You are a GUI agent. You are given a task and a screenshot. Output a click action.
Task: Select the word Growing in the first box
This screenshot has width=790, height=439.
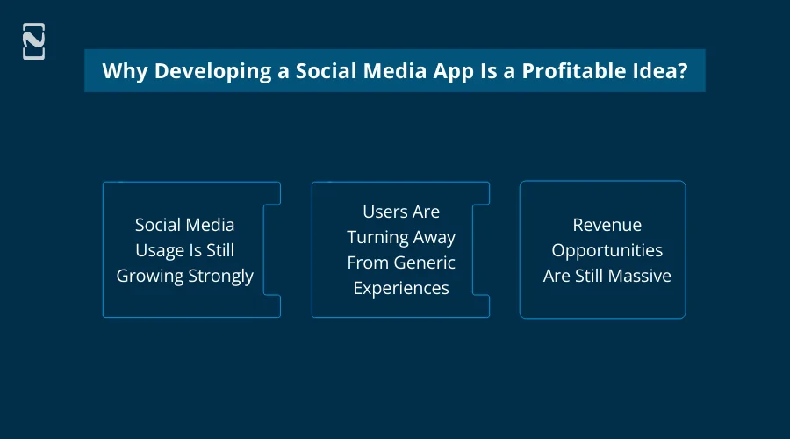(150, 276)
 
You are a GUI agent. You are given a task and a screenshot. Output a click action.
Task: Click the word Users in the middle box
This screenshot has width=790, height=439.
(384, 212)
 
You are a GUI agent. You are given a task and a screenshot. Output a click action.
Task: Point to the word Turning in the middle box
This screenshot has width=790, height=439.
(377, 237)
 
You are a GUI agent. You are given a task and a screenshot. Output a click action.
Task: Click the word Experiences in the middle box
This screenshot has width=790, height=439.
(401, 288)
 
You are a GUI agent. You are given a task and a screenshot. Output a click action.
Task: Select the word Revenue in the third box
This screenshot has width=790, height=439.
(607, 225)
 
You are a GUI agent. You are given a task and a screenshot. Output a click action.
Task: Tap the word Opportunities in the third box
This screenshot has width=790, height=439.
(607, 250)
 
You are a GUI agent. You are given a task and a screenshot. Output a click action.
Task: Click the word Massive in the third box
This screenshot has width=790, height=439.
(638, 276)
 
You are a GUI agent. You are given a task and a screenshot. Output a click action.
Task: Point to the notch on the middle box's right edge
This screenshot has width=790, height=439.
(480, 250)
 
